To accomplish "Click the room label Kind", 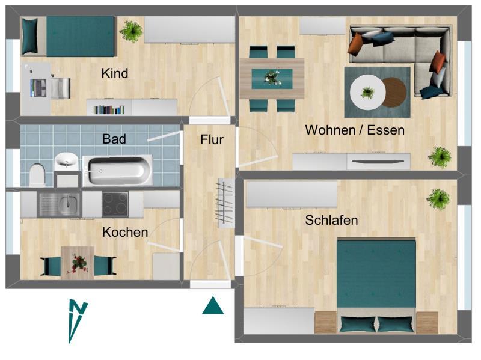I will pos(115,73).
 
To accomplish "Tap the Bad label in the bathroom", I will pos(114,139).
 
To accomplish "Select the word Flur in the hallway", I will pos(212,140).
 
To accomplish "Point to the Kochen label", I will pos(125,232).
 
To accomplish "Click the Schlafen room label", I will pos(331,220).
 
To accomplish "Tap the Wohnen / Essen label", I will pos(355,130).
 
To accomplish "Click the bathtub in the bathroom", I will pos(117,170).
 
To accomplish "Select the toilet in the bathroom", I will pos(37,174).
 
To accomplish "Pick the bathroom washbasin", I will pos(66,161).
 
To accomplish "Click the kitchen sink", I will pos(58,204).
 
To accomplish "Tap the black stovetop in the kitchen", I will pos(115,204).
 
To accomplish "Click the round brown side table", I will pos(394,92).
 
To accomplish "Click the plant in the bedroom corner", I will pos(438,198).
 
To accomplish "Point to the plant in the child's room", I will pos(130,31).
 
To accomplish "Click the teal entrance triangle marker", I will pos(213,307).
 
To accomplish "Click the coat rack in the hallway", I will pos(225,202).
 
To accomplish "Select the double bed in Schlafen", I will pos(376,285).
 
